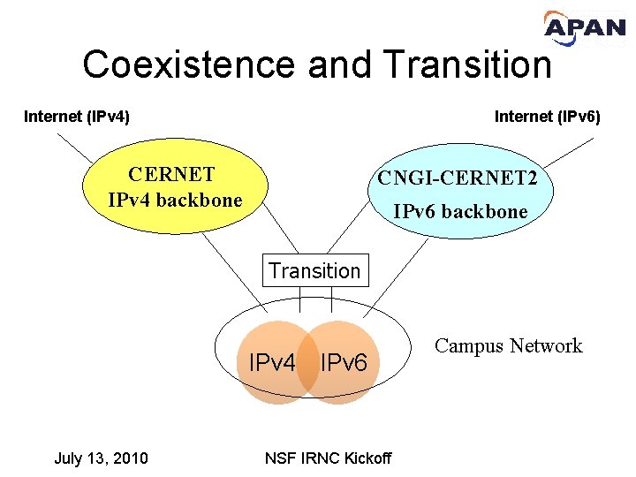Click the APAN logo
(x=585, y=32)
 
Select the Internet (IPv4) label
(x=77, y=116)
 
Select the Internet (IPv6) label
(x=547, y=116)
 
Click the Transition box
(x=314, y=271)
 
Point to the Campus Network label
(x=509, y=345)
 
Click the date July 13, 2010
(x=101, y=458)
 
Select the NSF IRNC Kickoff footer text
(x=328, y=458)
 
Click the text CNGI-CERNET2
(x=457, y=178)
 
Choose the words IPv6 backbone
(x=460, y=212)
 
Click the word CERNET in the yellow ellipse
(x=171, y=174)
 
